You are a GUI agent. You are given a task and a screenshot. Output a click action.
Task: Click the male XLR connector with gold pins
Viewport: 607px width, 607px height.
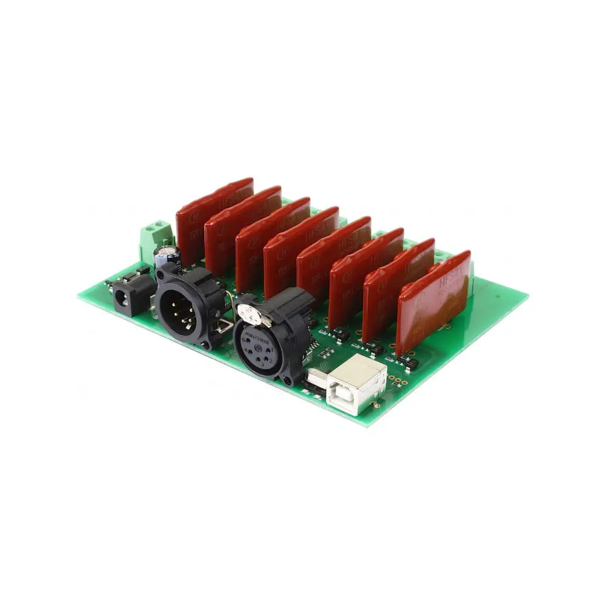pos(181,307)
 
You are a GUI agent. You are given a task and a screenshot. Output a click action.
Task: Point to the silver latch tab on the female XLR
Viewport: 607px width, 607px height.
pos(248,313)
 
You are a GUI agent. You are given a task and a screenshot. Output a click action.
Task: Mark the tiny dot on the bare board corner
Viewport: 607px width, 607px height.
pos(498,297)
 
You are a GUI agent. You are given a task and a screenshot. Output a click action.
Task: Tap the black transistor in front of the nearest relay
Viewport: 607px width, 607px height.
pos(410,362)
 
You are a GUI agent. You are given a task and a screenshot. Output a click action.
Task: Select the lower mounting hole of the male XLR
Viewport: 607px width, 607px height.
pos(206,344)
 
